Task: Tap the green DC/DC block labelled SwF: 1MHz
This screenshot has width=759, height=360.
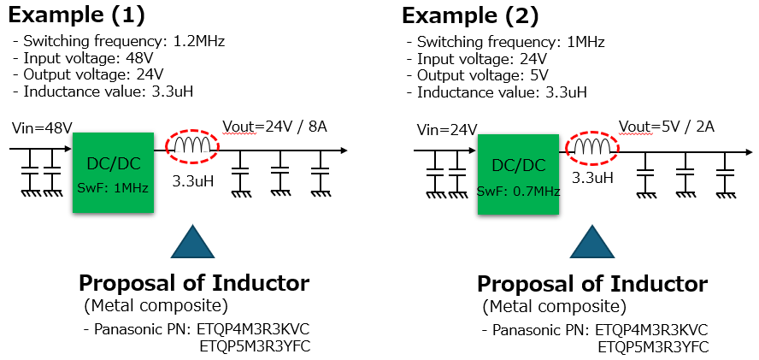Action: click(113, 173)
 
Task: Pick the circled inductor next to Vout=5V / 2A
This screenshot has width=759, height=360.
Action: click(592, 150)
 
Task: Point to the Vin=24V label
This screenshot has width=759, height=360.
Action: click(444, 130)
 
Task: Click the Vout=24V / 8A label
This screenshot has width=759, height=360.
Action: click(274, 127)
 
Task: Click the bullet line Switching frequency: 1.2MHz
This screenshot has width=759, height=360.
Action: click(121, 41)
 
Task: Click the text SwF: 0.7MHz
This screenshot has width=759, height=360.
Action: click(518, 191)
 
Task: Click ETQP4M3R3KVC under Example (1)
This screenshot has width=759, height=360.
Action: click(253, 330)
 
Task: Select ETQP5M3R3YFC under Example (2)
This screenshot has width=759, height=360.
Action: click(653, 347)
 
